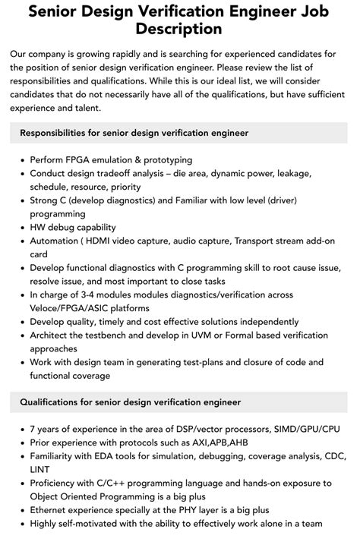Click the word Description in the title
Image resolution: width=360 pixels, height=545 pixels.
(180, 30)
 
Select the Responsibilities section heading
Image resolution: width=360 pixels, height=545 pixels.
(134, 133)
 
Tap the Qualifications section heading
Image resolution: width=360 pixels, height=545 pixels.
(131, 402)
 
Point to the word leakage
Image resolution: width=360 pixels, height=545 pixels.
(313, 174)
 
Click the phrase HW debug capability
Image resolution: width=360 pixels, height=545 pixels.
(73, 227)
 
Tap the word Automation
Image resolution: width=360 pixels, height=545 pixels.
(58, 241)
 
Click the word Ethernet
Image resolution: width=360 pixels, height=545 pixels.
(52, 509)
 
